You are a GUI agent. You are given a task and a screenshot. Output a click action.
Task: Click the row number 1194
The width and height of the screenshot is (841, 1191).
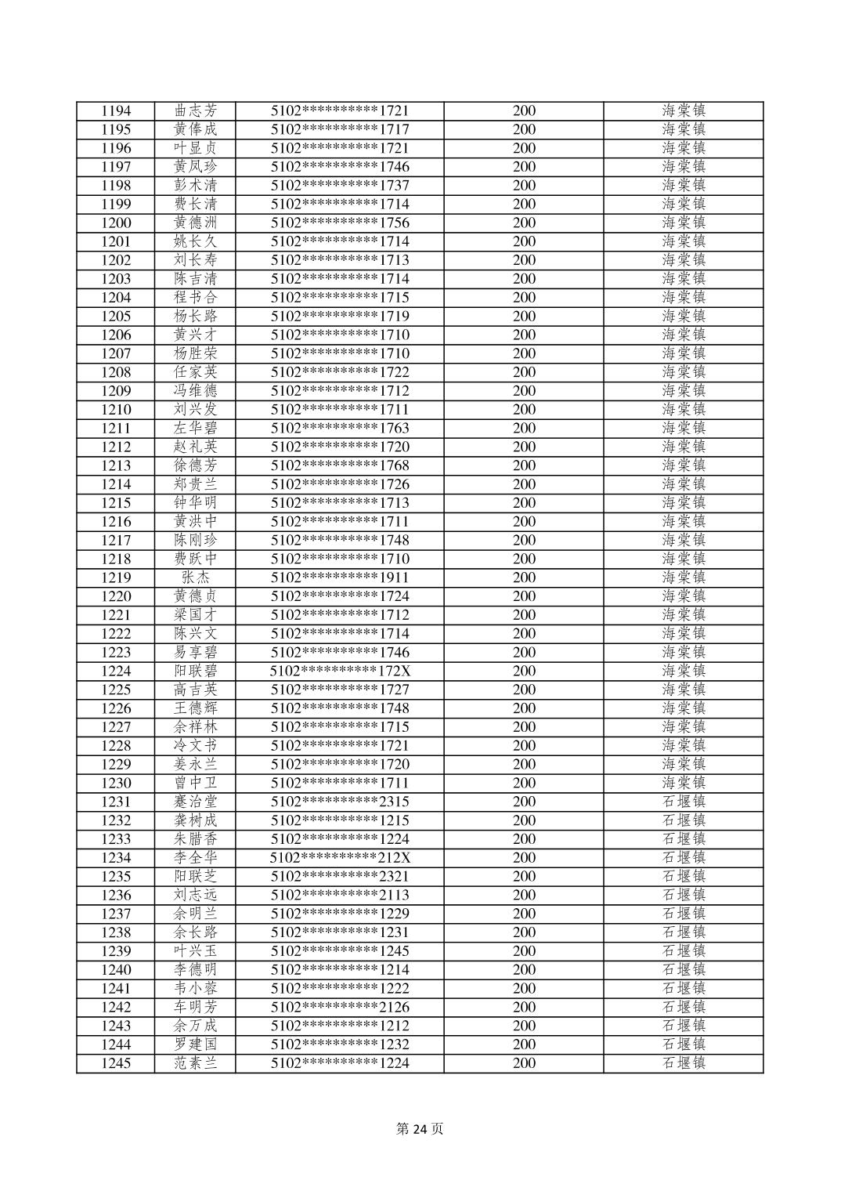[116, 110]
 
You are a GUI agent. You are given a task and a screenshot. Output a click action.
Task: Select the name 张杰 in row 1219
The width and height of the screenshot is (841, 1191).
[195, 577]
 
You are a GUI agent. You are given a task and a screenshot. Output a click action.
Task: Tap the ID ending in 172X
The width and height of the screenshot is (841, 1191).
[340, 671]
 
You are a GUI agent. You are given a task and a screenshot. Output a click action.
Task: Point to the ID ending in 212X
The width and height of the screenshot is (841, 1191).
[340, 858]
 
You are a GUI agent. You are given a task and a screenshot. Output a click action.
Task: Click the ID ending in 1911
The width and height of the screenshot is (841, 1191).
[340, 577]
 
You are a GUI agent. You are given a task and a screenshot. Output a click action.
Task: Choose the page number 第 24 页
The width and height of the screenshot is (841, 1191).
[420, 1129]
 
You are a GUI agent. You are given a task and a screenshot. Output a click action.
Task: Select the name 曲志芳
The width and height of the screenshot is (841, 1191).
[195, 110]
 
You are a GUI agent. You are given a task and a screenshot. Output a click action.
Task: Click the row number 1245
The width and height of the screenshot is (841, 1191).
[116, 1063]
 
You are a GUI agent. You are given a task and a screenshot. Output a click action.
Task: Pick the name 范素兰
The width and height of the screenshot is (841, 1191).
[195, 1063]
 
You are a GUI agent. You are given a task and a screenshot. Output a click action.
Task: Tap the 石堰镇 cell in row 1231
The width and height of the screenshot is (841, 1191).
[684, 802]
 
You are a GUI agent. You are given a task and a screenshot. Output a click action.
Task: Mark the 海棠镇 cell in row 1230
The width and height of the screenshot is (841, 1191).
[684, 783]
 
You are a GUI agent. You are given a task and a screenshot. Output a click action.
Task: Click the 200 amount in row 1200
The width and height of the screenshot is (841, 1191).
[524, 223]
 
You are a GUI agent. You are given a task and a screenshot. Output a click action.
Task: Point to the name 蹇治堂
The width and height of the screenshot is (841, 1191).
[195, 802]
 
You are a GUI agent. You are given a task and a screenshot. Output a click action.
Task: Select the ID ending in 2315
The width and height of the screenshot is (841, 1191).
[340, 802]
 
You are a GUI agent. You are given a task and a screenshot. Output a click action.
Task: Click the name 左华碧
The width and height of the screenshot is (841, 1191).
[195, 428]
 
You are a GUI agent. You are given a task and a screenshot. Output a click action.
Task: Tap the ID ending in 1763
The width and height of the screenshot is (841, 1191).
[340, 428]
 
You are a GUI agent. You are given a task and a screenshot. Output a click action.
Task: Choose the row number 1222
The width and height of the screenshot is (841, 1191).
[116, 634]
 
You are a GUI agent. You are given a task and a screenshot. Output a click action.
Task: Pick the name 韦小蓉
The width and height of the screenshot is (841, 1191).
[195, 988]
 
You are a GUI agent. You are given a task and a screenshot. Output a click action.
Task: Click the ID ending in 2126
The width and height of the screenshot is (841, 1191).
[340, 1007]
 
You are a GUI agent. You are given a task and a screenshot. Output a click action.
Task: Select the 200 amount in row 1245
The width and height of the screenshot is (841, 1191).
[524, 1063]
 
